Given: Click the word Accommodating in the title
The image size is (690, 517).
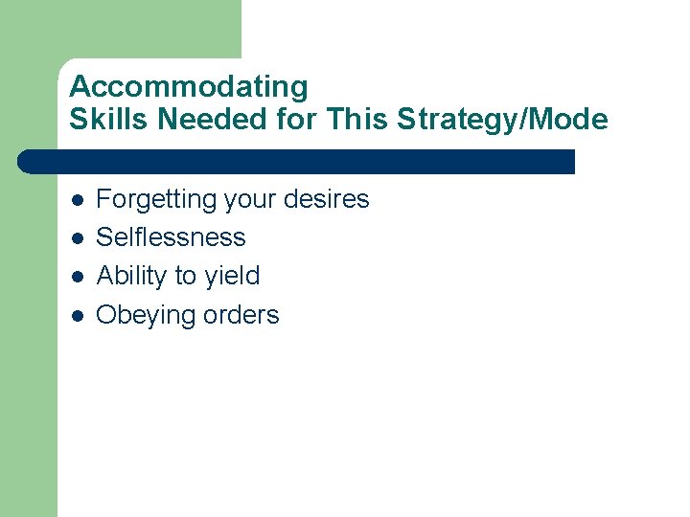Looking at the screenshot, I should tap(189, 87).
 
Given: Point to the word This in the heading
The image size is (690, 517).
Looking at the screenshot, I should tap(352, 120).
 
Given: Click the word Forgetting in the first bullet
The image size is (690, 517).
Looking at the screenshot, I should tap(157, 200).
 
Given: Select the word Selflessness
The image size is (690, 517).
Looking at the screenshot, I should tap(172, 237).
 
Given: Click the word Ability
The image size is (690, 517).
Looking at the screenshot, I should tap(132, 277).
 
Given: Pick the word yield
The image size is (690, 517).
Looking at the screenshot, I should tap(232, 277).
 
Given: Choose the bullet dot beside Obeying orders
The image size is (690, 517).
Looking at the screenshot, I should tap(77, 316).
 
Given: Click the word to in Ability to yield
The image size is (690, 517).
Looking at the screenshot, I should tap(185, 277).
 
